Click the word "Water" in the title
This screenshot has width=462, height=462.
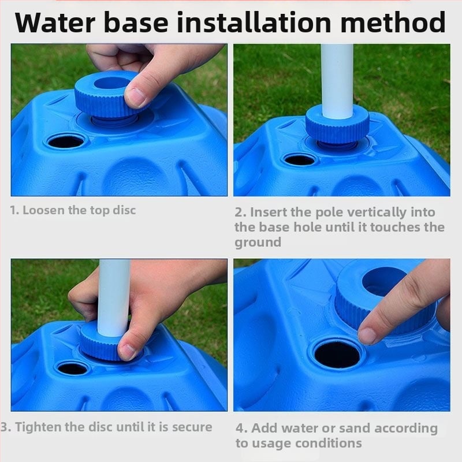click(55, 23)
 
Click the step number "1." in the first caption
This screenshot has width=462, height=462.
click(14, 210)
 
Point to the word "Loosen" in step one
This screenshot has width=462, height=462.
click(44, 210)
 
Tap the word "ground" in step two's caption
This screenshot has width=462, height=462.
click(258, 243)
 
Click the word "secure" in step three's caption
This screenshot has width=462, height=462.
click(192, 427)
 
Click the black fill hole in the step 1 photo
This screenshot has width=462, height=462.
click(66, 142)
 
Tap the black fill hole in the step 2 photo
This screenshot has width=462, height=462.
click(300, 161)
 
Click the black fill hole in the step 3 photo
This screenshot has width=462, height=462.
click(73, 368)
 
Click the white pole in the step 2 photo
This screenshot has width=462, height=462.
click(337, 81)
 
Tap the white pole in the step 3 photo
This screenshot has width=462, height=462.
click(114, 297)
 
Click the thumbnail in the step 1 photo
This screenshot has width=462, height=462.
click(135, 97)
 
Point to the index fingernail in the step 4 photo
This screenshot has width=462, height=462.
click(367, 336)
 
